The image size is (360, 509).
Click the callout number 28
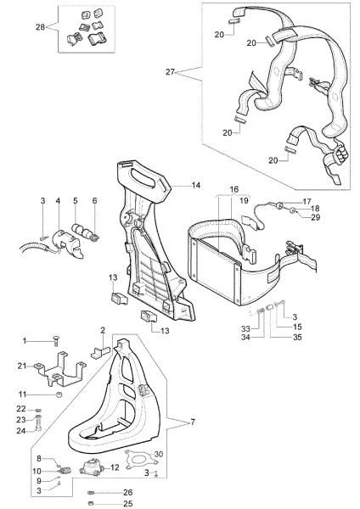tap(40, 28)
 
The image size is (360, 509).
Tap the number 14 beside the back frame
tap(195, 184)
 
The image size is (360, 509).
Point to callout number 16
tap(234, 190)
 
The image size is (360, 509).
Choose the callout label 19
tap(244, 201)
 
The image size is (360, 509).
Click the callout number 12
tap(114, 468)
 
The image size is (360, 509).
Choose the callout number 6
tap(95, 200)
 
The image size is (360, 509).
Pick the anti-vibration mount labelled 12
tap(89, 467)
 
